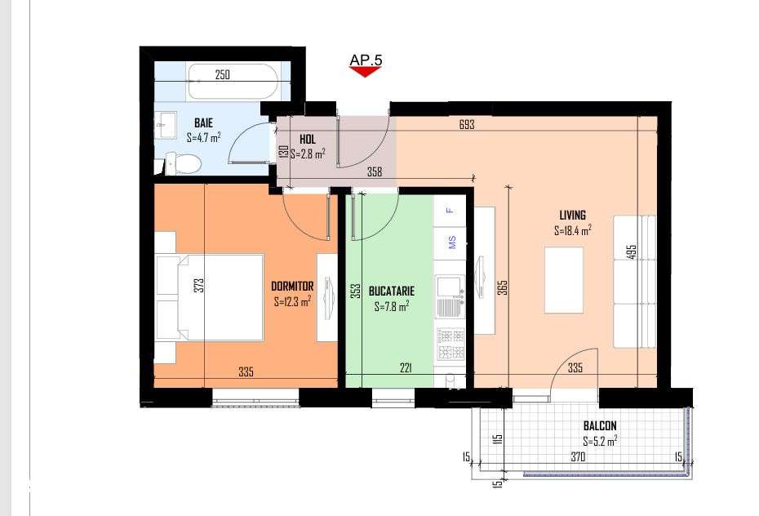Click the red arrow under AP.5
[365, 72]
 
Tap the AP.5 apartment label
[366, 60]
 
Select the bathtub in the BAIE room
[233, 82]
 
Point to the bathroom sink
[166, 126]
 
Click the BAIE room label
[203, 122]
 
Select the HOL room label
[307, 140]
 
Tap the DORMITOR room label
[292, 287]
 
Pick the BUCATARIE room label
[391, 291]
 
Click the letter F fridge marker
[449, 210]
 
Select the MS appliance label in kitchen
[451, 242]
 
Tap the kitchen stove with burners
[451, 344]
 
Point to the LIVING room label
[572, 216]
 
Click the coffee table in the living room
[563, 280]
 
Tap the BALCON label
[599, 425]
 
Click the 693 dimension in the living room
[467, 125]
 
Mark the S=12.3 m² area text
[292, 301]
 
